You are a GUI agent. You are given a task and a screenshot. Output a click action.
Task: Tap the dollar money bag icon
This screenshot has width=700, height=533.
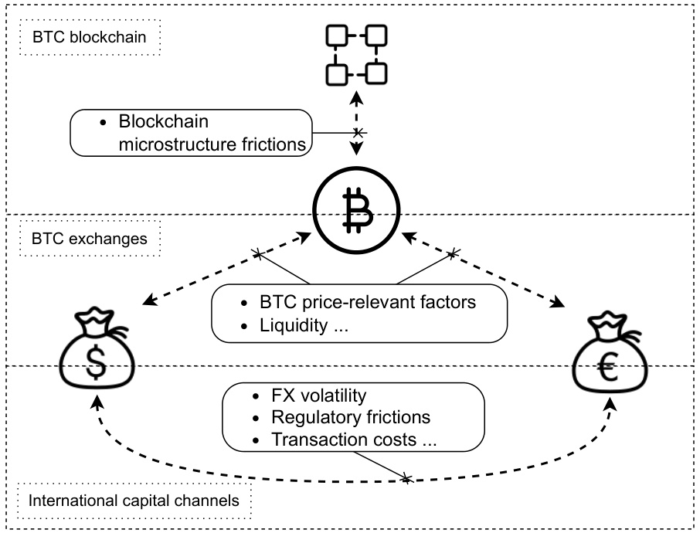click(x=95, y=352)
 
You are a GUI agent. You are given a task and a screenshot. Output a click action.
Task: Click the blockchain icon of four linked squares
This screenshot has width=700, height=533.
click(x=355, y=54)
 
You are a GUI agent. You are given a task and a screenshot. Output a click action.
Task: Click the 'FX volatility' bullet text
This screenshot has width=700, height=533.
click(x=318, y=396)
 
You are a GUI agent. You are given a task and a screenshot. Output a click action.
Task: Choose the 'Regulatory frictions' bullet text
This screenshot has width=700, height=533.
click(x=351, y=418)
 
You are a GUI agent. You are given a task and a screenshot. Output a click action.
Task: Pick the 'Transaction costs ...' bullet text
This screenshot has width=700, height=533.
click(x=354, y=440)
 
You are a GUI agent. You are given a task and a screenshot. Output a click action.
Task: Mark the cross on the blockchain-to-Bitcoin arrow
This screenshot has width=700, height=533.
click(x=356, y=134)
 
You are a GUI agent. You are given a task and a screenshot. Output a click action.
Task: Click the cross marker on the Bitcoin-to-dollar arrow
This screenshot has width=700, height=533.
click(x=259, y=253)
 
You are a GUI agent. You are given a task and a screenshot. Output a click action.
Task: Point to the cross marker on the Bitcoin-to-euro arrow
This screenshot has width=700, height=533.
click(x=453, y=251)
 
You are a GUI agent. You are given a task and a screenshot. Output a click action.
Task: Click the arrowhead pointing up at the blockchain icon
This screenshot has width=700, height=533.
click(x=355, y=97)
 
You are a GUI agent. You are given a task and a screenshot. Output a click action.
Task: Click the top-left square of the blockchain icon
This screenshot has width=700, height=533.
click(x=336, y=36)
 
